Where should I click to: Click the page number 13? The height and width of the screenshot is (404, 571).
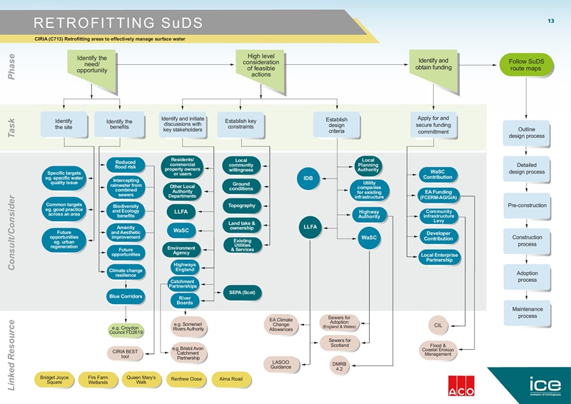550,21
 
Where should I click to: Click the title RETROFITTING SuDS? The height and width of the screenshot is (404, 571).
118,23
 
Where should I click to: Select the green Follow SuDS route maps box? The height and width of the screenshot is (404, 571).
526,66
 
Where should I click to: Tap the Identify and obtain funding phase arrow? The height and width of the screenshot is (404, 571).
433,65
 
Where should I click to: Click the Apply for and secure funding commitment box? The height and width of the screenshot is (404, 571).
433,124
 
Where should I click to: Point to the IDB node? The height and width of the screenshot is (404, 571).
308,178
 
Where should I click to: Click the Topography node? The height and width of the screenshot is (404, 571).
242,206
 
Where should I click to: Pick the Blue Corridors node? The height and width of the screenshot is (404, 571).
125,296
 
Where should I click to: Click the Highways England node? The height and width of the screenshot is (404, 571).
184,266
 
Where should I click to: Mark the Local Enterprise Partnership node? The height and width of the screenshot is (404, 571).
439,257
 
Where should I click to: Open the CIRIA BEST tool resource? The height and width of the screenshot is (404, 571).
126,353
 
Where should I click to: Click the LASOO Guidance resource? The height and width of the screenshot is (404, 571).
281,365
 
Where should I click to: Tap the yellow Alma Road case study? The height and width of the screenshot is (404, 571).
231,379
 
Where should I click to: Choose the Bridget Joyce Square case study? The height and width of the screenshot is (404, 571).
54,379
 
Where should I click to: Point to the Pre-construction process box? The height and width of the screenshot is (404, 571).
527,206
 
